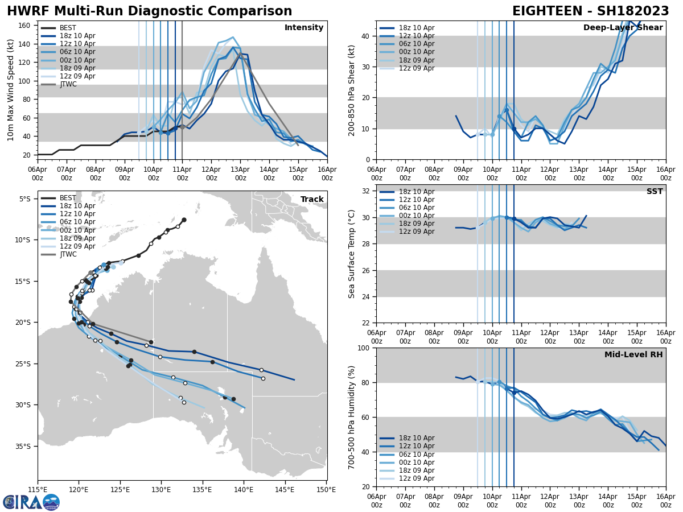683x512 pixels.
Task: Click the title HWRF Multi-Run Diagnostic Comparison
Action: (x=149, y=11)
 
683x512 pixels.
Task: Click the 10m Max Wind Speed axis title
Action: (x=11, y=90)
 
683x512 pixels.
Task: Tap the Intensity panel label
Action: (x=304, y=28)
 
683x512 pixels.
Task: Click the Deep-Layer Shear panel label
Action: (x=623, y=28)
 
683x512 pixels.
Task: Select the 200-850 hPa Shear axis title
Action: (x=351, y=90)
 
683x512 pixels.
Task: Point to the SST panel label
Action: (x=654, y=192)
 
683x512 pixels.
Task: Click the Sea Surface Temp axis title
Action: (x=351, y=254)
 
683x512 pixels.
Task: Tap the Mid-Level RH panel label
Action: (x=633, y=355)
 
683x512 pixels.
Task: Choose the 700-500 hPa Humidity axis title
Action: (x=351, y=417)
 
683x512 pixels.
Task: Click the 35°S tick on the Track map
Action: (x=26, y=446)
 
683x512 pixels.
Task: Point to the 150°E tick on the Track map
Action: (x=326, y=489)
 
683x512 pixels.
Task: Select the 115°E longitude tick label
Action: (x=38, y=489)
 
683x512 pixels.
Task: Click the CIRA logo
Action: (x=31, y=502)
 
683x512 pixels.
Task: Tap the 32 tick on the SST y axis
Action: (x=367, y=191)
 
